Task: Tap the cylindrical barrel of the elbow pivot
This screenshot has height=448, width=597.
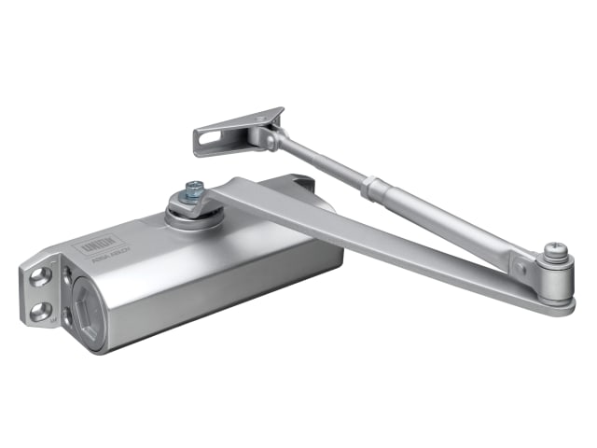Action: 558,276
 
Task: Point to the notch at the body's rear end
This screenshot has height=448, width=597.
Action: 301,185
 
